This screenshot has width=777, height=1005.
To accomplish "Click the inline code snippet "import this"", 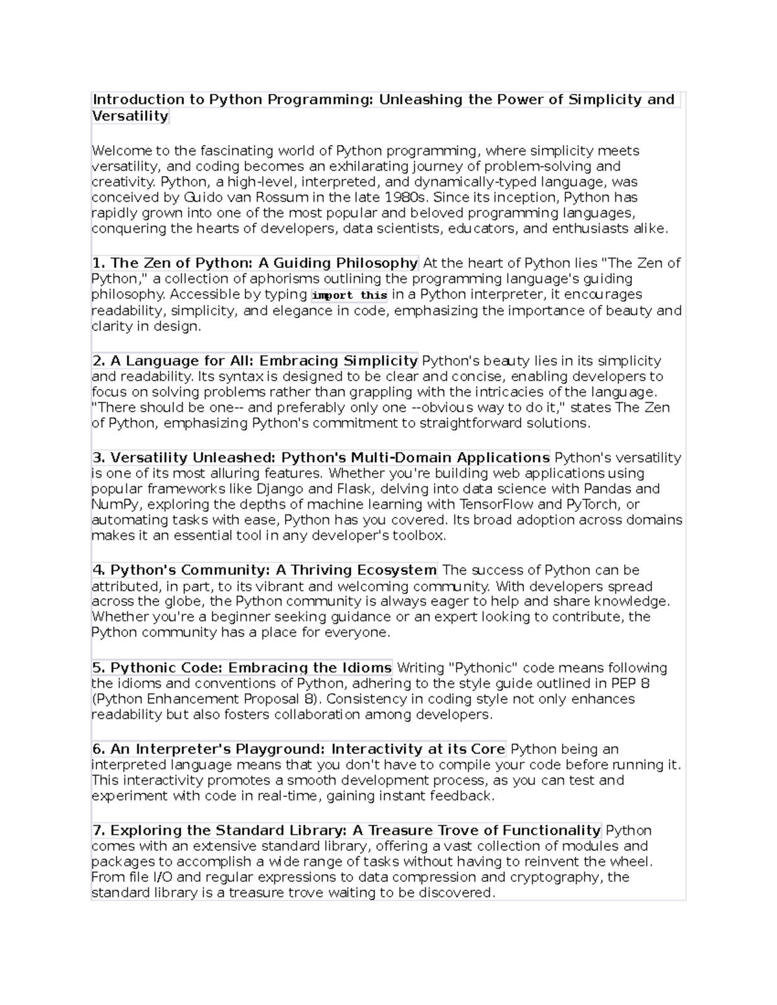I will click(350, 295).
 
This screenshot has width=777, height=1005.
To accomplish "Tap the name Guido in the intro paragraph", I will click(203, 197).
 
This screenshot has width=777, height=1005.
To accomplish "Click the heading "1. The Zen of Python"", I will click(255, 263).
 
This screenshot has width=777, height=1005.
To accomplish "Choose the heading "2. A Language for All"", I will click(255, 360).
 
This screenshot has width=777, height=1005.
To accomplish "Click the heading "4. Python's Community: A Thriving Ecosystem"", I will click(264, 570).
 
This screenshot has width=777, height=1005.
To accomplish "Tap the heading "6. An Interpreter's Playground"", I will click(298, 749).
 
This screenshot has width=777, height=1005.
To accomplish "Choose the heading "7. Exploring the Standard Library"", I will click(346, 830).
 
